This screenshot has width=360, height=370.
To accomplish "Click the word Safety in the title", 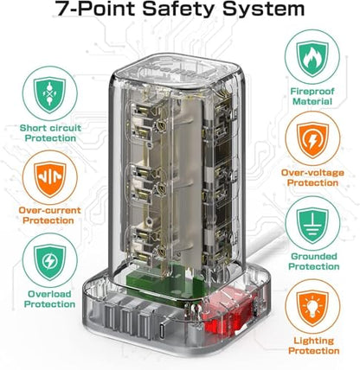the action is tap(179, 9).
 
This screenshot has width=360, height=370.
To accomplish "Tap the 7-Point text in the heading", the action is tap(95, 8).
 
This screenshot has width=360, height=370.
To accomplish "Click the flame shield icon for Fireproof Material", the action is tap(312, 58).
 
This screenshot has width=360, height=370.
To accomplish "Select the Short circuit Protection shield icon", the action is tap(50, 94).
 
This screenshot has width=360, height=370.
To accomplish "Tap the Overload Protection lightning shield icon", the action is tap(50, 262).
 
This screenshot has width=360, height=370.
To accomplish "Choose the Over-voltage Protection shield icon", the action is tap(312, 140).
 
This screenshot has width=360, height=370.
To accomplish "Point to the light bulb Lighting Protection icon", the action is tap(312, 309).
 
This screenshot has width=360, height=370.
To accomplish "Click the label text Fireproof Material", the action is tap(312, 97).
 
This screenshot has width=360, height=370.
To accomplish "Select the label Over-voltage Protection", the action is tap(312, 178).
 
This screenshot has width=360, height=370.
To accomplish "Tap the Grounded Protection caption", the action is tap(314, 261).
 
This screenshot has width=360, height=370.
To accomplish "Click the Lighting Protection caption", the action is tap(314, 346).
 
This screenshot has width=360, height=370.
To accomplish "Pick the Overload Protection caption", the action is tap(49, 299).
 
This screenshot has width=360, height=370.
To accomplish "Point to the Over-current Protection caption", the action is tap(49, 215).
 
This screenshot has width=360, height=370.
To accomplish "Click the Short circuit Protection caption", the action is tap(50, 133).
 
